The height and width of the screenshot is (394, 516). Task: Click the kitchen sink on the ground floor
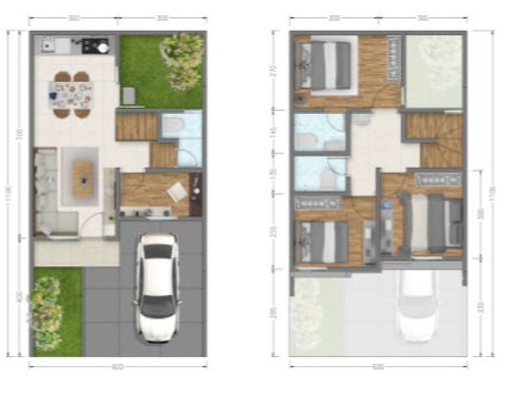pos(49,46)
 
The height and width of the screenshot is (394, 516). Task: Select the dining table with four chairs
pos(72,94)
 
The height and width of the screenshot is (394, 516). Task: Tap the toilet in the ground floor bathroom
pos(172,125)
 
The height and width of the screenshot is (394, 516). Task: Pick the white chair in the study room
pos(177,192)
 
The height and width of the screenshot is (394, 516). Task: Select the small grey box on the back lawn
pos(128,96)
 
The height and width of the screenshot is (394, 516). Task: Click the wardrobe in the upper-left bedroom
pos(394,59)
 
